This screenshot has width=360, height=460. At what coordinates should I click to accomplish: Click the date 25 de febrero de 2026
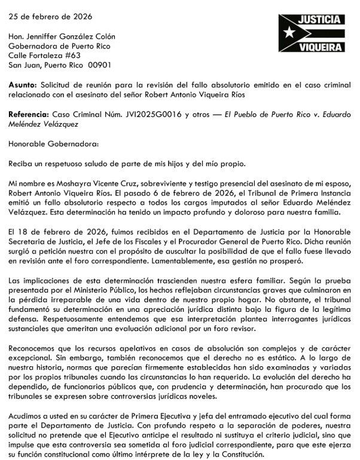pos(47,16)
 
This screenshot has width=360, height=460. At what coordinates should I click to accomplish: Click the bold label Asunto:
pos(23,85)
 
